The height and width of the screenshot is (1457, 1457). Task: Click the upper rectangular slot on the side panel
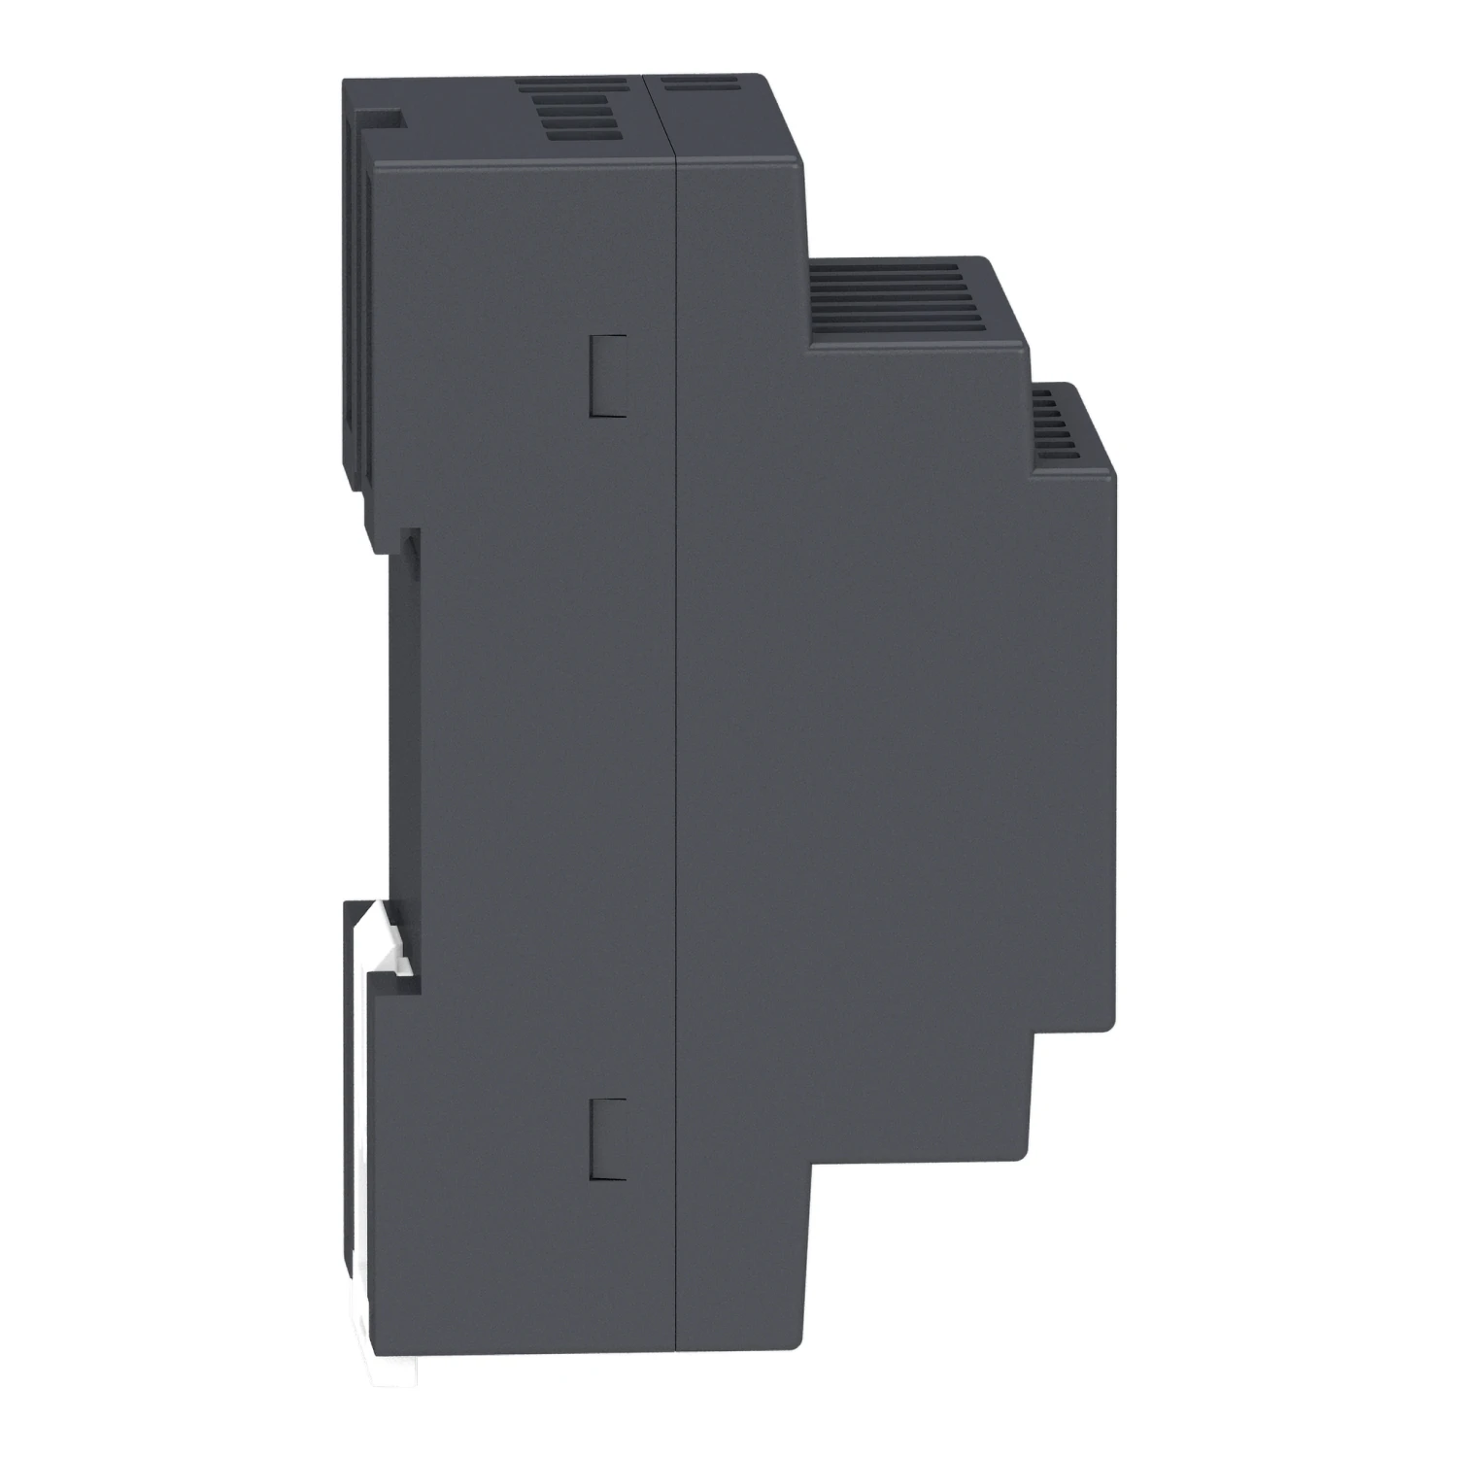609,376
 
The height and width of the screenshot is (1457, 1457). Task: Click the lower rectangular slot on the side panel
609,1139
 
